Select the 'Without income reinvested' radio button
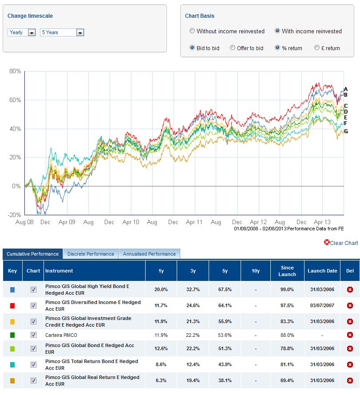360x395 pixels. [192, 31]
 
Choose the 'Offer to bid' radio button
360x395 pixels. [233, 48]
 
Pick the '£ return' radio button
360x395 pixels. [317, 48]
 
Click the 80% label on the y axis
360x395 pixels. [16, 71]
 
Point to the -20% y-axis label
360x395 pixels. [15, 215]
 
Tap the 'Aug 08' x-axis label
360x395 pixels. [24, 222]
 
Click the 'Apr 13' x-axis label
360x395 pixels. [322, 222]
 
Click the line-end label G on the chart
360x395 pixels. [346, 131]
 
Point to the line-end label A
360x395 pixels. [346, 89]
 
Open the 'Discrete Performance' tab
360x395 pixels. [91, 254]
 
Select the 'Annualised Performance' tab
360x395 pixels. [149, 254]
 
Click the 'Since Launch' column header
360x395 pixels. [287, 271]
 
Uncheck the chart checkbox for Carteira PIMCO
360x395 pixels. [33, 335]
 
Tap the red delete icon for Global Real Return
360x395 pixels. [350, 380]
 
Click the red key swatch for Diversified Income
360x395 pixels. [12, 305]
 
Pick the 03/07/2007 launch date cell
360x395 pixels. [322, 305]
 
